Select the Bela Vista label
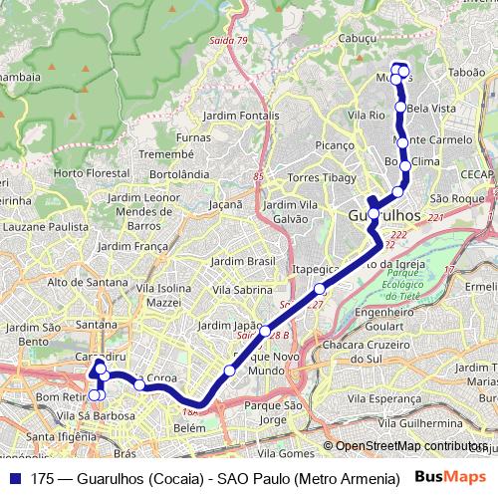point(431,107)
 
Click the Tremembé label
point(164,154)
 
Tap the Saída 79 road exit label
point(229,41)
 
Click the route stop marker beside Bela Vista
point(400,107)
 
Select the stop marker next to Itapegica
point(320,289)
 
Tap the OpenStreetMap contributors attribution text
point(411,446)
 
